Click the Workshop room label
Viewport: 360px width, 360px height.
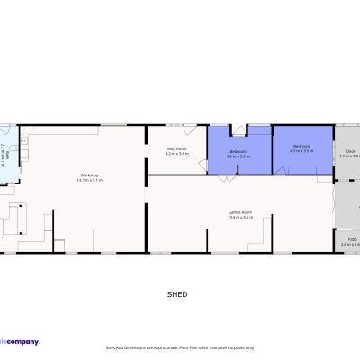(x=89, y=175)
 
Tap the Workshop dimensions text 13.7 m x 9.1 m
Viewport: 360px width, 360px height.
(x=89, y=180)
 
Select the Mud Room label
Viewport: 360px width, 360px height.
(x=176, y=148)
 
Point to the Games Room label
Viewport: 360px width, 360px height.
(x=239, y=212)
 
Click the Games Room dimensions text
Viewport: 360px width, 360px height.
(x=239, y=218)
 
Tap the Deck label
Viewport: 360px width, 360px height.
(x=350, y=150)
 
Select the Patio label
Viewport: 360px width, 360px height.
(x=350, y=239)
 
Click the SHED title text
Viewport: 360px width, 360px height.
(x=178, y=293)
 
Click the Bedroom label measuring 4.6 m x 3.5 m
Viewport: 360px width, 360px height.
(x=238, y=150)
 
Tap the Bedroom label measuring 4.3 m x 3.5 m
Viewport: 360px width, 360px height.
(x=301, y=145)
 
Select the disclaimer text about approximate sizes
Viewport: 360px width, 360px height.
(x=180, y=347)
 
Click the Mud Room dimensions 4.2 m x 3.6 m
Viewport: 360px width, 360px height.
(x=176, y=154)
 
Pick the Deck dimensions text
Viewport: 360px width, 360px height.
(x=350, y=156)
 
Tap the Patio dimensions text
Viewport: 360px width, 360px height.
(x=350, y=245)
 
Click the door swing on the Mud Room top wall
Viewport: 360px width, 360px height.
(x=170, y=130)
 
